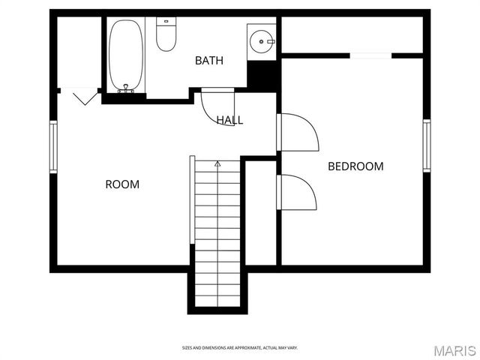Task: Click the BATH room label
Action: click(x=208, y=60)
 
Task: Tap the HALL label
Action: click(x=229, y=120)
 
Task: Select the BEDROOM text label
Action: click(x=355, y=166)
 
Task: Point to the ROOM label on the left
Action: click(x=121, y=184)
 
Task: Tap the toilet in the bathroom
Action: click(x=166, y=34)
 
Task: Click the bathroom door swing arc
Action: click(x=218, y=109)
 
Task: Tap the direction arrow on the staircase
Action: click(x=218, y=163)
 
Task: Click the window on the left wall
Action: click(x=53, y=146)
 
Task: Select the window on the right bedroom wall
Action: click(x=426, y=145)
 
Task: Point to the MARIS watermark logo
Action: click(x=454, y=349)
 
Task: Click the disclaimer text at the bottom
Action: click(x=240, y=348)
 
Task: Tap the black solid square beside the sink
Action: click(x=262, y=73)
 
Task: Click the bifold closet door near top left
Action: click(x=80, y=95)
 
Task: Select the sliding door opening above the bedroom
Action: click(x=371, y=55)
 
